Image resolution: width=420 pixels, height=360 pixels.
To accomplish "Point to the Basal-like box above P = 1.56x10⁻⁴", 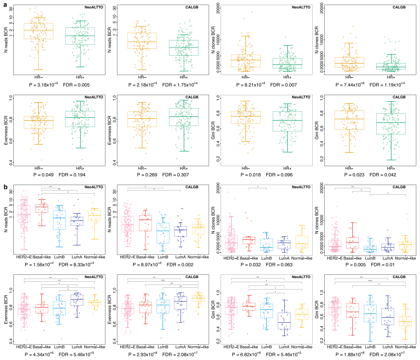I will [42, 208].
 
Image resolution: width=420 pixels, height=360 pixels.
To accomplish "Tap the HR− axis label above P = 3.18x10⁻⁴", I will [39, 77].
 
